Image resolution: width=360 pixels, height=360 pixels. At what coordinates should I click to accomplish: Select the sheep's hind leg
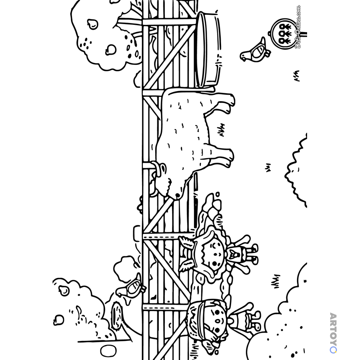[220, 103]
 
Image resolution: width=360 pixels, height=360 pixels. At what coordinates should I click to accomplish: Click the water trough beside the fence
[208, 49]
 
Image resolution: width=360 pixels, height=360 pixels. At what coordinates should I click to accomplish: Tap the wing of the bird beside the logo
[258, 51]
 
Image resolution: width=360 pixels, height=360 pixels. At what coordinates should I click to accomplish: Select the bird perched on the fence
[131, 287]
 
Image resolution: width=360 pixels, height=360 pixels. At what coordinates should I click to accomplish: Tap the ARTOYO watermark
[333, 333]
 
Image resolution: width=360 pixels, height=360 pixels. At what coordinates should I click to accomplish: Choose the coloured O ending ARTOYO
[333, 350]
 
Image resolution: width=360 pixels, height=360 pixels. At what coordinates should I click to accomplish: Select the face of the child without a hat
[213, 255]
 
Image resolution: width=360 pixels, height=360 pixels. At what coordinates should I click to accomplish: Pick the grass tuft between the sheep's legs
[221, 130]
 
